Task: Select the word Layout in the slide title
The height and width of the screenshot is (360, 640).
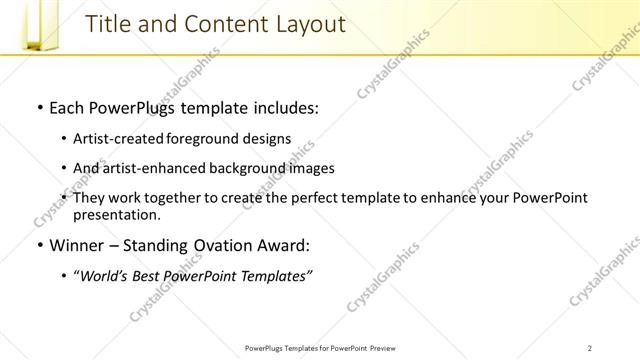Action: click(306, 23)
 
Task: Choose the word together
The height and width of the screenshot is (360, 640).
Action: click(178, 198)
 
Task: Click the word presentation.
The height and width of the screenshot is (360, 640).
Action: click(116, 214)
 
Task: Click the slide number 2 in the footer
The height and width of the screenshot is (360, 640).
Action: click(589, 347)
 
